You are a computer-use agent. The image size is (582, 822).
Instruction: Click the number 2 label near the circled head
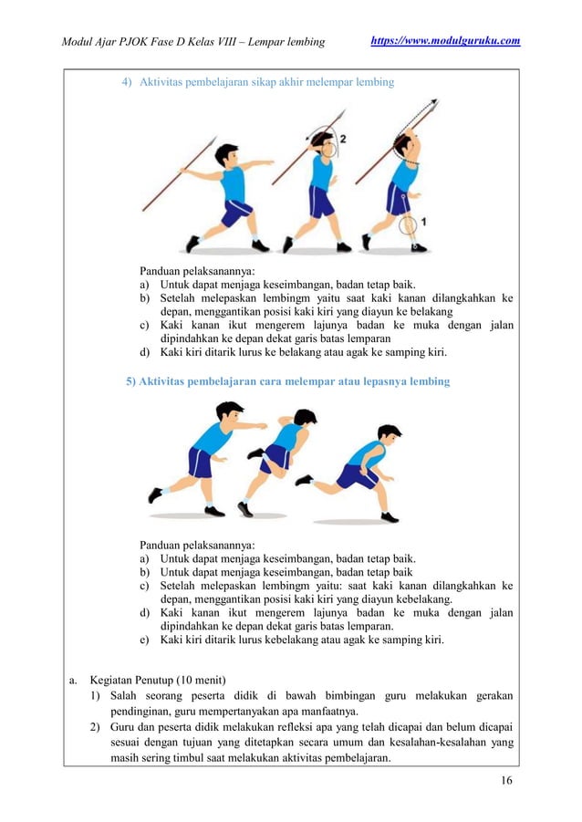tap(342, 139)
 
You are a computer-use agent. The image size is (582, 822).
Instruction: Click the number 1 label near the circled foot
tap(424, 222)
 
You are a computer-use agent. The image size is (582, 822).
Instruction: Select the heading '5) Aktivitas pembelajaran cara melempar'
tap(287, 380)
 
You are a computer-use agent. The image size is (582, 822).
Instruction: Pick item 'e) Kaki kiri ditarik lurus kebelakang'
tap(292, 640)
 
